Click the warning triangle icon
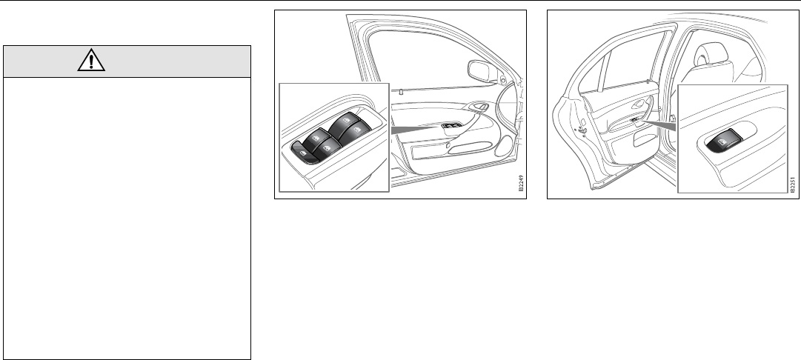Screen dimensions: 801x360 click(91, 60)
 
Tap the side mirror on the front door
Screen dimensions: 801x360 click(482, 71)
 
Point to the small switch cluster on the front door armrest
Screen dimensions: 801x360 click(451, 125)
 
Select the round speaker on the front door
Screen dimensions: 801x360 click(504, 145)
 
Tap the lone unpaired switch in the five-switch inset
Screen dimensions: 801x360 click(302, 153)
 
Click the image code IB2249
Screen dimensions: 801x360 click(521, 183)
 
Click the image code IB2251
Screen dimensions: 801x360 click(792, 184)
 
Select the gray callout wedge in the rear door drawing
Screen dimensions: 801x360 click(659, 123)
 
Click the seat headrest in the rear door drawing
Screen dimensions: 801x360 click(711, 53)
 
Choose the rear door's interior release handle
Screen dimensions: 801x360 click(639, 104)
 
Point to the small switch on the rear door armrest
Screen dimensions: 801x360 click(634, 120)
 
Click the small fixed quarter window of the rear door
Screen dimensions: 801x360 click(593, 73)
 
